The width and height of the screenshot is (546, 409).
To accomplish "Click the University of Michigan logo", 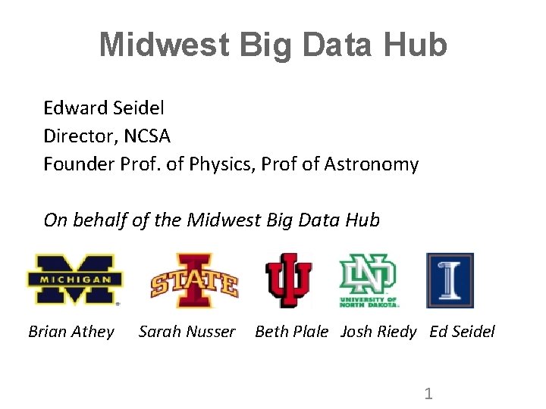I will coord(73,279).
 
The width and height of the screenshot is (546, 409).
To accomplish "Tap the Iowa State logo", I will coord(194,280).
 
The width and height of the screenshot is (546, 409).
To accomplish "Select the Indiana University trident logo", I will coord(288,280).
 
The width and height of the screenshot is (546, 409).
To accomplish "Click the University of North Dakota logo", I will coord(369,280).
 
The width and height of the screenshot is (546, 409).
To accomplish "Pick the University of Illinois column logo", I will coord(450,280).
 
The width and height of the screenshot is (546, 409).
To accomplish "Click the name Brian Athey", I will coord(71,331).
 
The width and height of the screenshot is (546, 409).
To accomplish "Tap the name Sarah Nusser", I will coord(187,331).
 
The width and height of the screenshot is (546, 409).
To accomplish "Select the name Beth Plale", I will coord(292,331).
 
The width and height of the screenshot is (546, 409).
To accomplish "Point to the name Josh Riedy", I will coord(378,331).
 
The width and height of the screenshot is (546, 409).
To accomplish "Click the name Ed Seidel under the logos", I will coord(462,331).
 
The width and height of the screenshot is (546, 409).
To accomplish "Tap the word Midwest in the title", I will coord(164,45).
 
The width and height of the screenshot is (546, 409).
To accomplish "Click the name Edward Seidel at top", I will coord(104,108).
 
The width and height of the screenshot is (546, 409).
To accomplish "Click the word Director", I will coord(76,136).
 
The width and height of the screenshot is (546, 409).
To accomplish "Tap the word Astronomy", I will coord(371,164).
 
